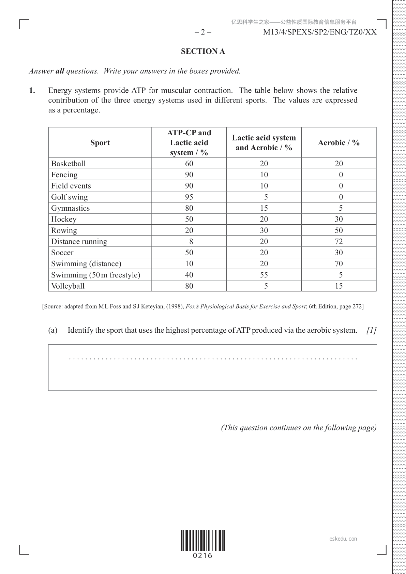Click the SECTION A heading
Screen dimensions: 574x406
tap(203, 51)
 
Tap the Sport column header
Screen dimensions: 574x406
tap(100, 143)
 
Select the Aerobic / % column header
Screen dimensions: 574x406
tap(339, 143)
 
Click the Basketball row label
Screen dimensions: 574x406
tap(69, 164)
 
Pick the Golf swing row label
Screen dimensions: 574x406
tap(69, 197)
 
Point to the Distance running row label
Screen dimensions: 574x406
tap(79, 242)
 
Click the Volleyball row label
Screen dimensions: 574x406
tap(68, 286)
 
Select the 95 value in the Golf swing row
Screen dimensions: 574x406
tap(189, 197)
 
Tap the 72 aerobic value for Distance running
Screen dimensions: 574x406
tap(339, 242)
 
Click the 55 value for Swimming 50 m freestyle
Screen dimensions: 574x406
tap(264, 275)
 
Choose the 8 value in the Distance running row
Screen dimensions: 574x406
tap(191, 242)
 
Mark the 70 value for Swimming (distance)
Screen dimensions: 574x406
tap(339, 264)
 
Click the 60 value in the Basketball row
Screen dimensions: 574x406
tap(189, 164)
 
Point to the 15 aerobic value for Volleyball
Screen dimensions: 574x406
tap(339, 286)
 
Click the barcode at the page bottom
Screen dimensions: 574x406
tap(203, 541)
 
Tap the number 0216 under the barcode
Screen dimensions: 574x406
tap(203, 556)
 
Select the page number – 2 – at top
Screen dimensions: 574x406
tap(203, 32)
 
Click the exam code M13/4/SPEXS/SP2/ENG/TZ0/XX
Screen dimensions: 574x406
tap(320, 32)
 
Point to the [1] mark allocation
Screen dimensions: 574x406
tap(371, 330)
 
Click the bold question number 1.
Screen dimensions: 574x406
tap(32, 90)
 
